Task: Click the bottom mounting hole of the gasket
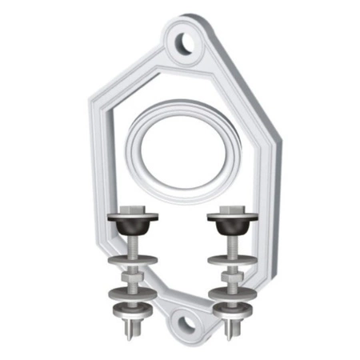[x=186, y=323]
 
